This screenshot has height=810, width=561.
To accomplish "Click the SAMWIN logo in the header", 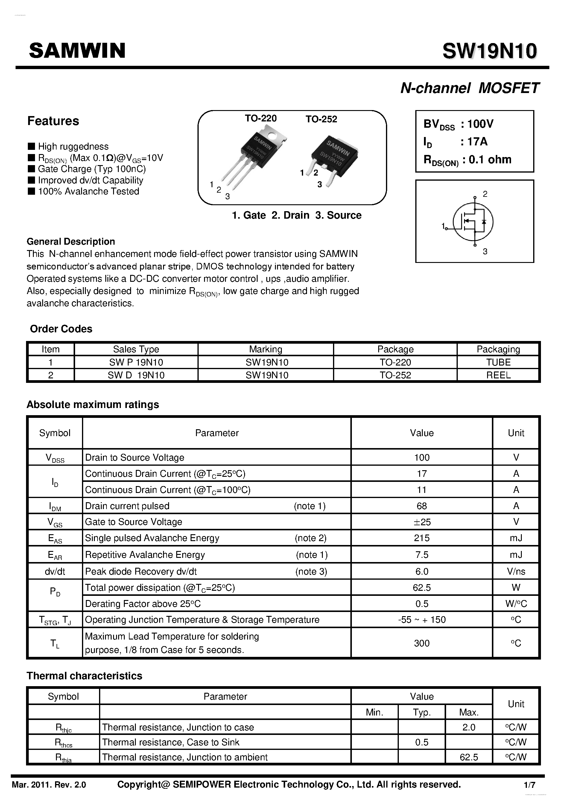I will click(x=77, y=51).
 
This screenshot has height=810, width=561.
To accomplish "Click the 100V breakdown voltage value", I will click(x=481, y=124).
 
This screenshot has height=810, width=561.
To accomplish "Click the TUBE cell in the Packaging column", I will click(x=498, y=362).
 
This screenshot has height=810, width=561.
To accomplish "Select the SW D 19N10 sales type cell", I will click(x=136, y=375).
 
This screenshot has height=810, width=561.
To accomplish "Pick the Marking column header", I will click(x=265, y=349).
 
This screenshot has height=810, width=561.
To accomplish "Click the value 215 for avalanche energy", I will click(x=422, y=538).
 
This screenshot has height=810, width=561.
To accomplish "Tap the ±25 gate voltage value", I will click(x=422, y=522).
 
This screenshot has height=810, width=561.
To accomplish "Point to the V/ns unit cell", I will click(x=516, y=571).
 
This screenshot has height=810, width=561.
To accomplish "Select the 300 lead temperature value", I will click(x=422, y=643).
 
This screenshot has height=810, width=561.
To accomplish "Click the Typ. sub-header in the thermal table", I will click(x=422, y=712).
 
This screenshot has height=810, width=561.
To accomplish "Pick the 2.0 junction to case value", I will click(x=469, y=727).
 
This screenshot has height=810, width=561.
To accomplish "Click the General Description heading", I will click(x=71, y=241).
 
